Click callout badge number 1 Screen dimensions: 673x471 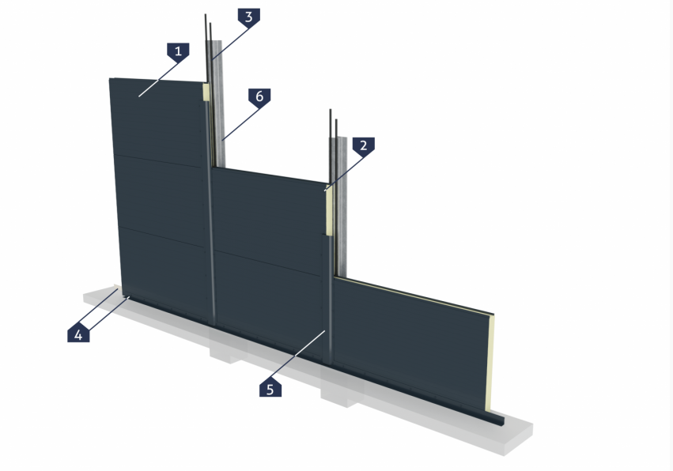(178, 51)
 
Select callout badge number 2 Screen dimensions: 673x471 (364, 145)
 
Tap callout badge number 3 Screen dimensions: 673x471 (249, 17)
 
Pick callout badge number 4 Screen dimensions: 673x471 (78, 334)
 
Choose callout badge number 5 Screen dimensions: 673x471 (270, 389)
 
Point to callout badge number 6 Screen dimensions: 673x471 (259, 96)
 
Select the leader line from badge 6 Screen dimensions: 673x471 (240, 124)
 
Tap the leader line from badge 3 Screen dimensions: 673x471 (231, 43)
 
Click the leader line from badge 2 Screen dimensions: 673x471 (344, 173)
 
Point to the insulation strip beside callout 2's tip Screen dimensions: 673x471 (328, 210)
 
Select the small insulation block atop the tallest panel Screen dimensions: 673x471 (206, 92)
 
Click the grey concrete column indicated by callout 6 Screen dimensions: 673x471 (217, 103)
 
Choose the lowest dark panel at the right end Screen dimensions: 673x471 (412, 343)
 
